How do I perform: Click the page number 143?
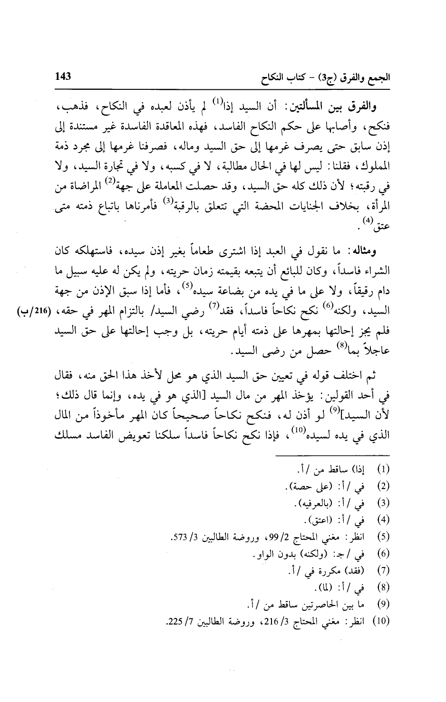pyautogui.click(x=63, y=77)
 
